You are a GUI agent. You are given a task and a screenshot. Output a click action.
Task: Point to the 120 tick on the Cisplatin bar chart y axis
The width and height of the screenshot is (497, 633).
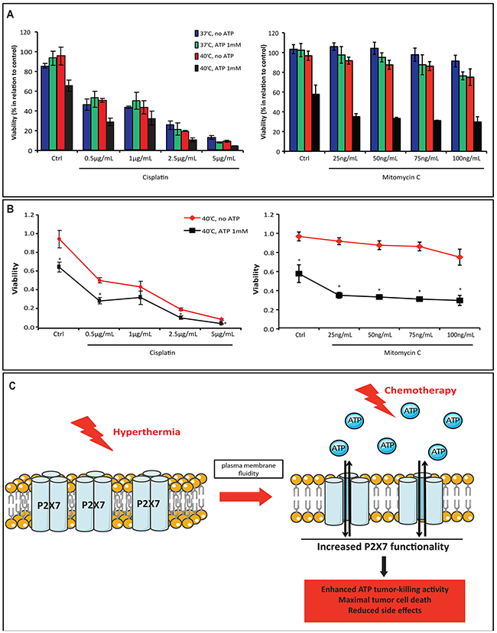coord(28,33)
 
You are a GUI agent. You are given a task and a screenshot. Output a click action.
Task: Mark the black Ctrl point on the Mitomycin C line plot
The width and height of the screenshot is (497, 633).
coord(299,273)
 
